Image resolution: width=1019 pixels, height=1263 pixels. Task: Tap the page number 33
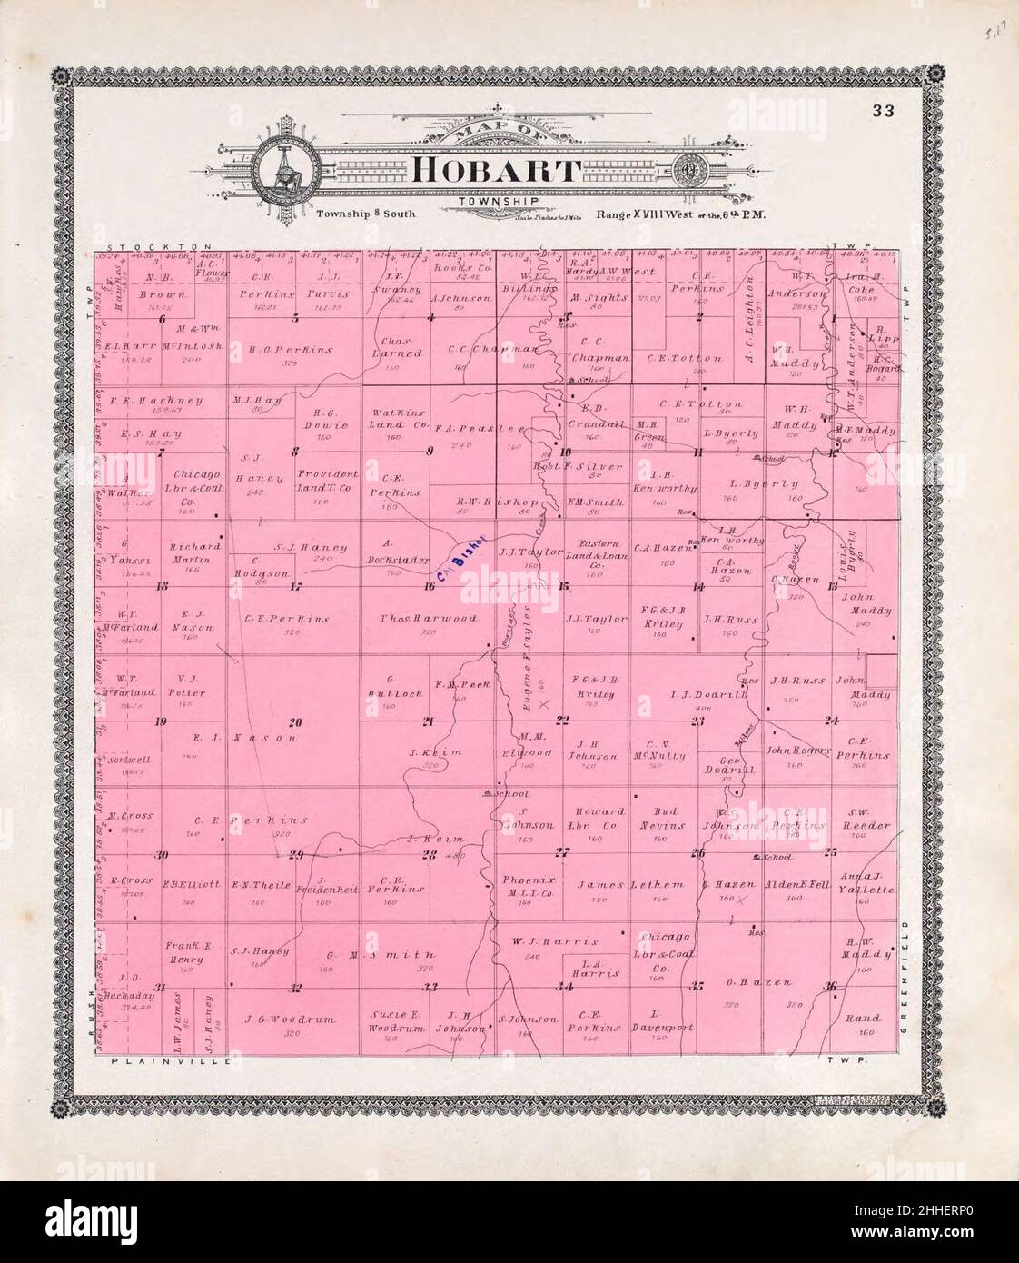[883, 111]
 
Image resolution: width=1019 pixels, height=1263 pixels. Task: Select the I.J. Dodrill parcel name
[696, 694]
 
